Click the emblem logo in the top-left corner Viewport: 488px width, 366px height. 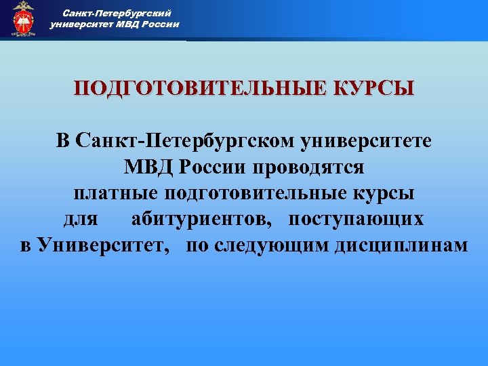pos(24,18)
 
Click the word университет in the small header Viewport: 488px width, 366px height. pos(82,24)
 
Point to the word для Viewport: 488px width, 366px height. pos(81,219)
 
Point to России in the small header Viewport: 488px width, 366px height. pos(161,24)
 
